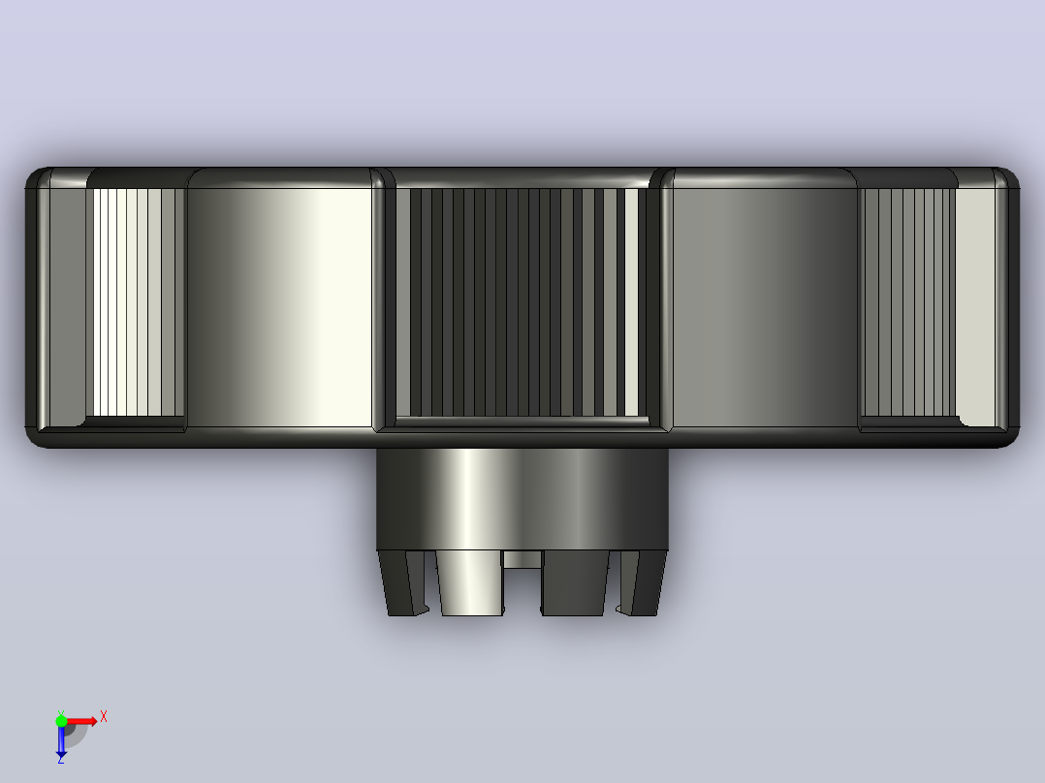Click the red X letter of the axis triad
coord(104,717)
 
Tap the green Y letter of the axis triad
coord(61,713)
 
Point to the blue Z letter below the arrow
coord(61,759)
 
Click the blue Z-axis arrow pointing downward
coord(61,739)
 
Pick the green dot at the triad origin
coord(61,721)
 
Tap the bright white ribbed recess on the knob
coord(138,302)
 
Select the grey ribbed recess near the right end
coord(907,302)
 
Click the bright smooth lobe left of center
coord(279,307)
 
